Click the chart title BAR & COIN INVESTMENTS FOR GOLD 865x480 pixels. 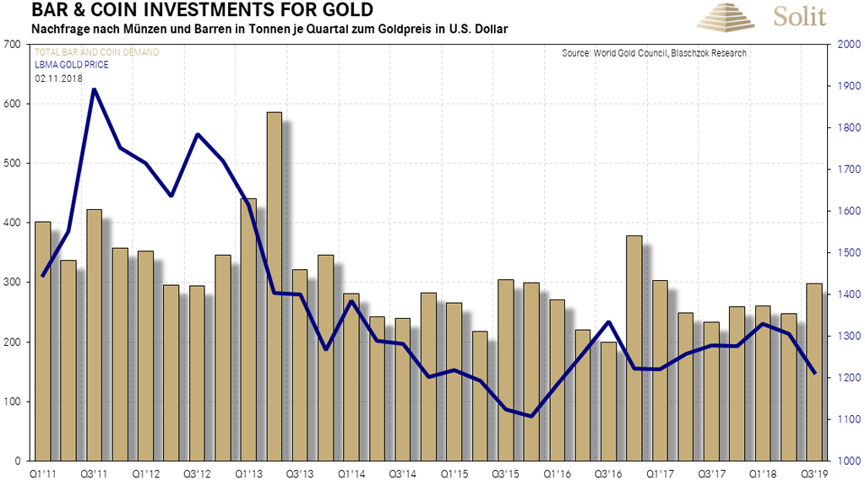(189, 11)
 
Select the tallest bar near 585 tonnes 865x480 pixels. (274, 287)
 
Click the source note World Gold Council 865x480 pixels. (654, 54)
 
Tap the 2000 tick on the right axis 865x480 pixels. (846, 45)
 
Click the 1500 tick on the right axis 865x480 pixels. (846, 253)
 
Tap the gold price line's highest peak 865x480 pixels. (94, 89)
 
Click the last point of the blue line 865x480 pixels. (814, 373)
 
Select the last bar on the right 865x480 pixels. (814, 372)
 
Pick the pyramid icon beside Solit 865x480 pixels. (731, 17)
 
